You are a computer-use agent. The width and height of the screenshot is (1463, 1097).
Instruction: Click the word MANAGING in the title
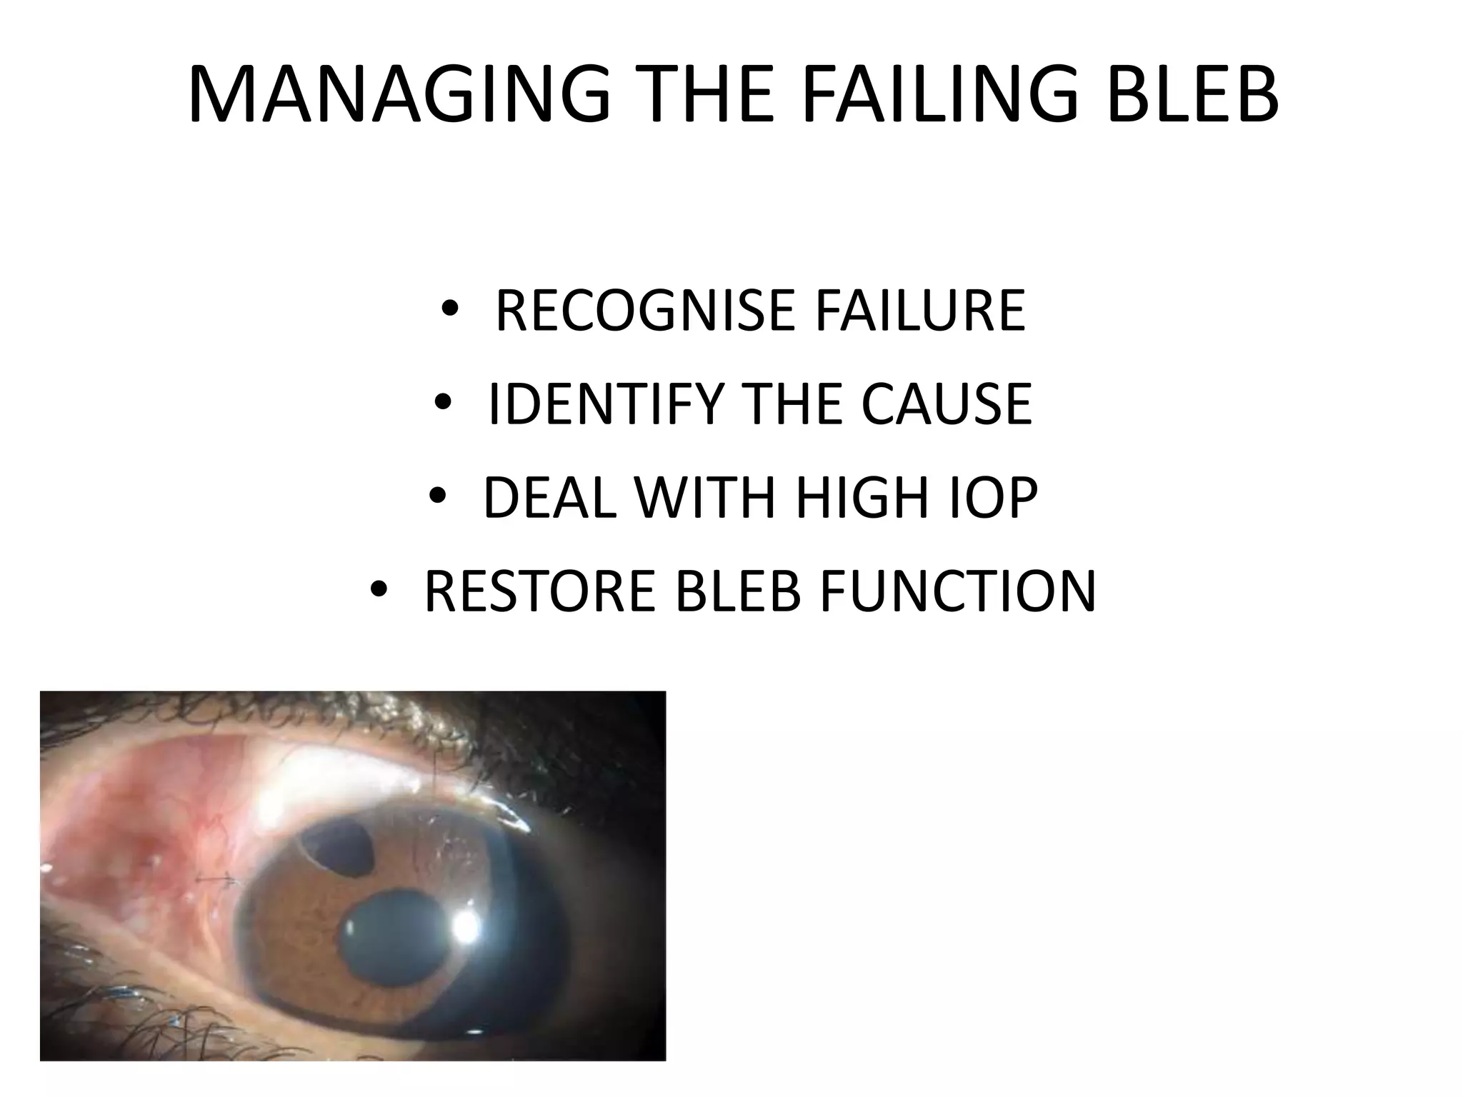tap(400, 95)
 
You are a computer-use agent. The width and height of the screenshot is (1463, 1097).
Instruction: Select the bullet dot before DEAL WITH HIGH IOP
tap(438, 497)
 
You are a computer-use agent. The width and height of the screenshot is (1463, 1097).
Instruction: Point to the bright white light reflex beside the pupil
tap(465, 926)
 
